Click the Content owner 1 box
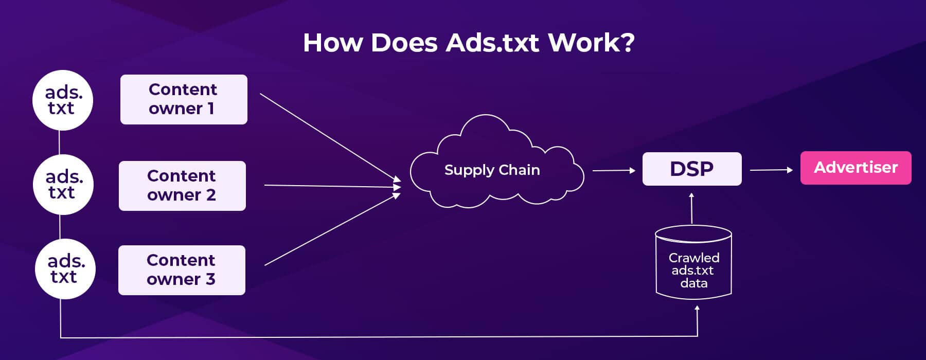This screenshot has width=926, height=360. (184, 99)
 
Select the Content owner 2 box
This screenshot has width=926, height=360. (182, 186)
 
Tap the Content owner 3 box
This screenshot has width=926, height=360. (182, 270)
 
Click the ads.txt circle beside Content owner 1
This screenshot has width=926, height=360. (63, 100)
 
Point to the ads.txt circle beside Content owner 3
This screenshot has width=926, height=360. (65, 269)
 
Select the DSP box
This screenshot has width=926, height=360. (692, 169)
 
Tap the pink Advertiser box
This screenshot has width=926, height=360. (856, 168)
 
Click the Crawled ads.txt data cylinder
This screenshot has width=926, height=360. (693, 262)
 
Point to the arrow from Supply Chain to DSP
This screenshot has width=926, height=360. (614, 170)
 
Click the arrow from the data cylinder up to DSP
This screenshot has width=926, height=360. (691, 208)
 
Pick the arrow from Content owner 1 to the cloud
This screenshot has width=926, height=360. (330, 137)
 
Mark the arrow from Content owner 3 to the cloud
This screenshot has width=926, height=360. (332, 229)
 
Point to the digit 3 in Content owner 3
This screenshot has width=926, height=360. (210, 279)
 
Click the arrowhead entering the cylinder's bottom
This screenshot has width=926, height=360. (697, 308)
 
